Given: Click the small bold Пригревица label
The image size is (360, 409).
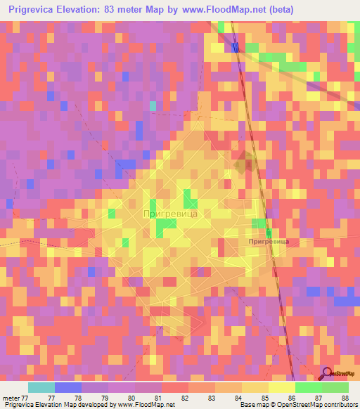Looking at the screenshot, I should point(269,241).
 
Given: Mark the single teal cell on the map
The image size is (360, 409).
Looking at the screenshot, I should point(153,105).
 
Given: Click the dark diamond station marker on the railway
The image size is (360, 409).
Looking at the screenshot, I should point(244,164).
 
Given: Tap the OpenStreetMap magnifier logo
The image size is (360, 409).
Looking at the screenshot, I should point(327,373).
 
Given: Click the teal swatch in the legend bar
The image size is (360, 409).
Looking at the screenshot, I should point(41,387).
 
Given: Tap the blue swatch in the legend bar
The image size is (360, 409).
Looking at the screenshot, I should point(68,387).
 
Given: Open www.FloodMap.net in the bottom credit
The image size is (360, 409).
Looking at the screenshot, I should point(147,405).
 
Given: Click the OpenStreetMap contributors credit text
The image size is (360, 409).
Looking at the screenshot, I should point(310,405).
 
